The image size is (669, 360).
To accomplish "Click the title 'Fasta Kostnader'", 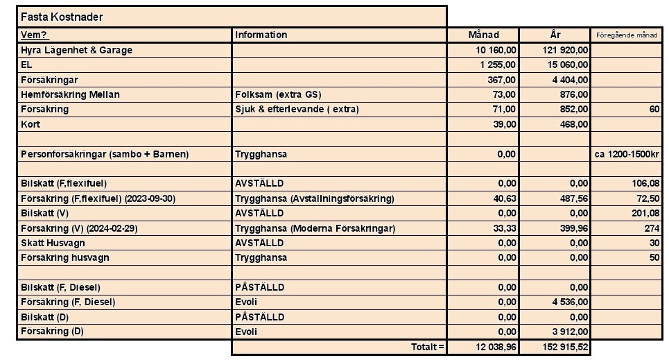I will coord(62,17).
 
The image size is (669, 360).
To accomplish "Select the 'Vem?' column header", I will coord(35,35).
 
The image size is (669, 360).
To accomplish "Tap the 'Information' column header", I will coord(261,35).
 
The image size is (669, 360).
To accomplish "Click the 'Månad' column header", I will coord(483,35).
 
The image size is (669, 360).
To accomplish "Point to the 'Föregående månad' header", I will coord(626,35).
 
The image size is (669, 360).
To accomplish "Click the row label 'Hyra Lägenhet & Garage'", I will coord(76,50).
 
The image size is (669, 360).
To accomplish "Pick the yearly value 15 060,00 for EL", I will coord(565,65).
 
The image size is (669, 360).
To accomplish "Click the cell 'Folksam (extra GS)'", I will coord(278,94).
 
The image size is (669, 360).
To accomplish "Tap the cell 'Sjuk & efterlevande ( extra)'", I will coord(297,109).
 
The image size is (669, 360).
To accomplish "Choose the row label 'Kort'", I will coord(31,123).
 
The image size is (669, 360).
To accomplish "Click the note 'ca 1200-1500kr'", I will coord(627,154).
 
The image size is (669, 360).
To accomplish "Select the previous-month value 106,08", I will coord(644,184).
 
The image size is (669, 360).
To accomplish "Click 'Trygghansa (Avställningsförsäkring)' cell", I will coord(314,198).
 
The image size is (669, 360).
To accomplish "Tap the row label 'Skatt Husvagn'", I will coord(55,243).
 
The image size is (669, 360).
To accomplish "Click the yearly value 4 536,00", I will coord(568,302).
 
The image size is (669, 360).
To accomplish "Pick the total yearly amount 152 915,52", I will coord(562,346).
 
